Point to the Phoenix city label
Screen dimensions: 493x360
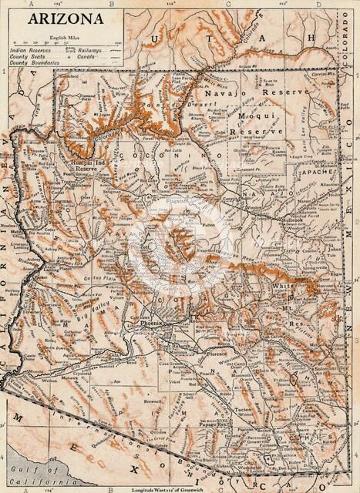point(152,324)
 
